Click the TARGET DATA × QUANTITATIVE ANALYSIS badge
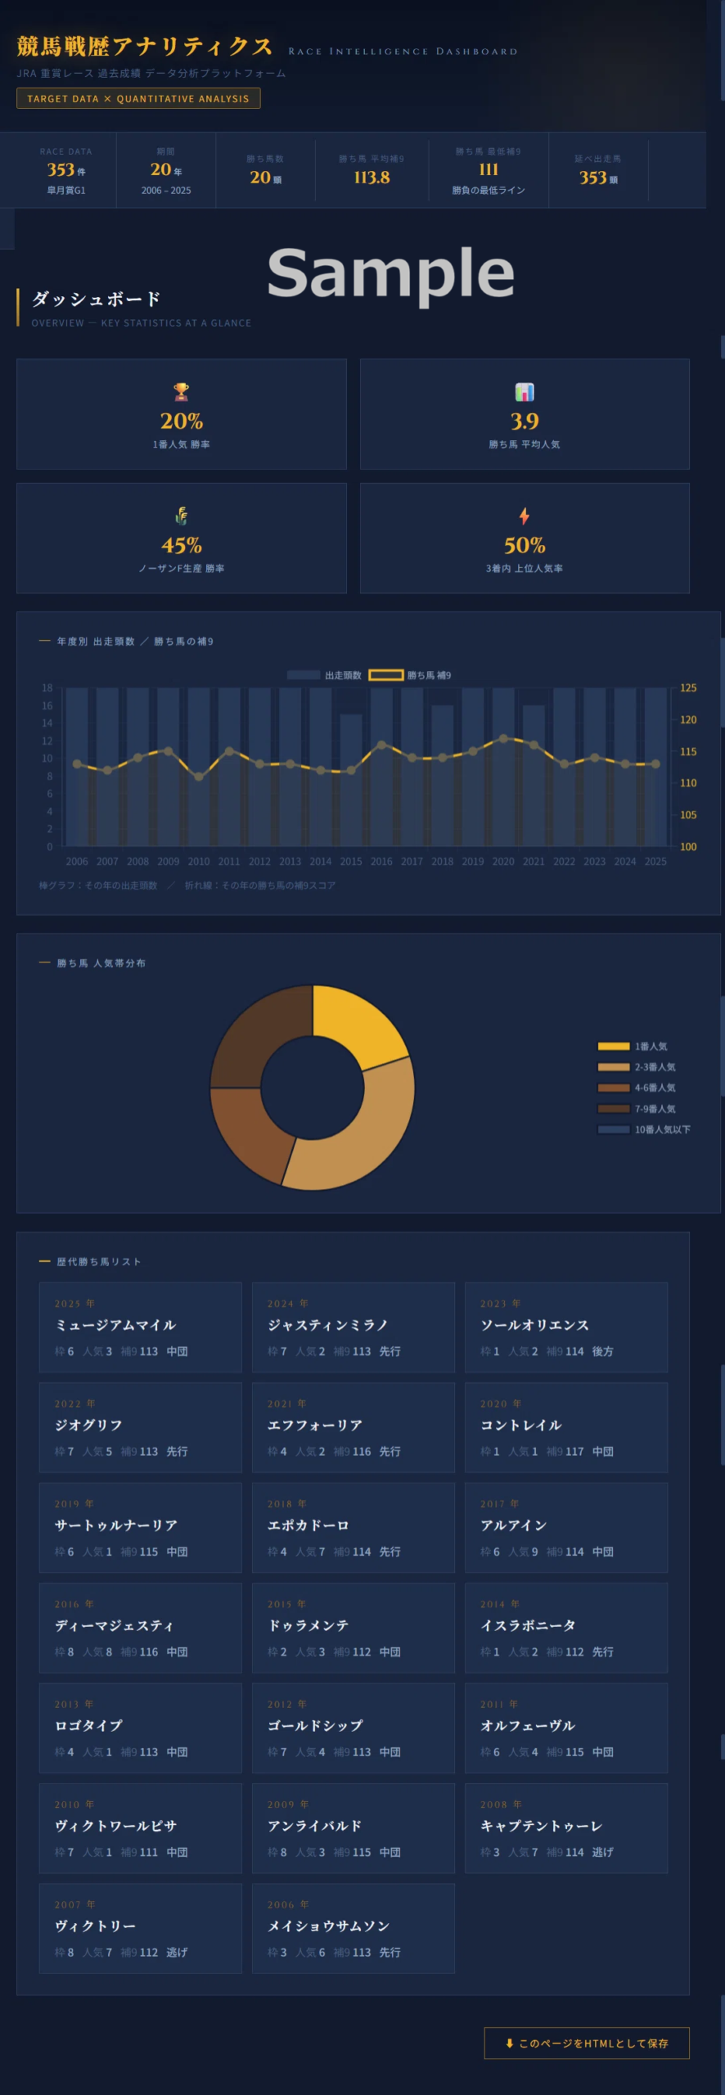(x=138, y=98)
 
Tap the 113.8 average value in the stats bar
(x=372, y=177)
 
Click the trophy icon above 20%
(x=182, y=392)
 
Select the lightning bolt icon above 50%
(x=525, y=516)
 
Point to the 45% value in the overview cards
(x=182, y=545)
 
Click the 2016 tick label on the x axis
(x=381, y=861)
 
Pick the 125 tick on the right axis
(x=688, y=687)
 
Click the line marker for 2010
(x=199, y=777)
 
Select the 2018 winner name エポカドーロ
(x=308, y=1525)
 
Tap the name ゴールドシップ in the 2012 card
(x=315, y=1725)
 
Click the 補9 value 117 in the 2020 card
(x=574, y=1451)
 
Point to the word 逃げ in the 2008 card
(x=603, y=1852)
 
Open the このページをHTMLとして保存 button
(x=587, y=2043)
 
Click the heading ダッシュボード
(x=96, y=299)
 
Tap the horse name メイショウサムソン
(x=328, y=1926)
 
